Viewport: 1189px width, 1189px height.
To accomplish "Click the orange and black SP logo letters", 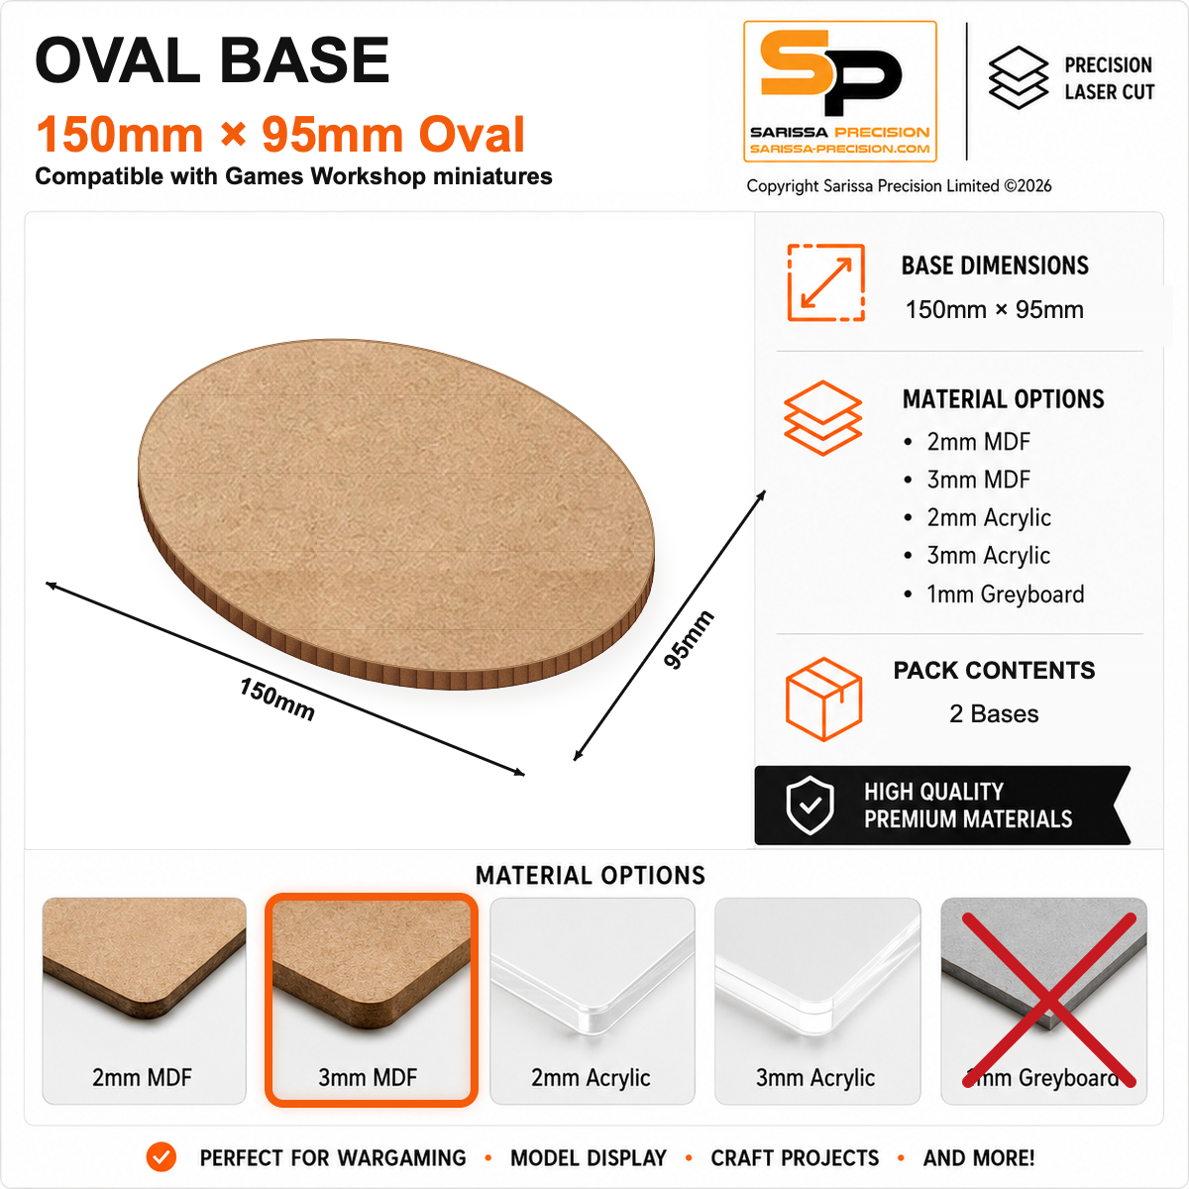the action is pyautogui.click(x=831, y=72).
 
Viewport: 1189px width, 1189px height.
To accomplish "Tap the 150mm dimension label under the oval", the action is pyautogui.click(x=277, y=700).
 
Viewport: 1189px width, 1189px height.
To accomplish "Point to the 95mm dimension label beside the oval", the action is pyautogui.click(x=689, y=639).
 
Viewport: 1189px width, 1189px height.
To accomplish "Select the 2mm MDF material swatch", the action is pyautogui.click(x=144, y=1000).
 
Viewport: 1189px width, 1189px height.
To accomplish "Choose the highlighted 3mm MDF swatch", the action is pyautogui.click(x=371, y=1000).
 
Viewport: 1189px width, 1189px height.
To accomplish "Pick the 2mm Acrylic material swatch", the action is pyautogui.click(x=593, y=1000).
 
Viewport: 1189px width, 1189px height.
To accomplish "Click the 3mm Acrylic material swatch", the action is pyautogui.click(x=816, y=1000).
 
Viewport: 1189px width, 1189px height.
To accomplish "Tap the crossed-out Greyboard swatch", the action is pyautogui.click(x=1043, y=1000).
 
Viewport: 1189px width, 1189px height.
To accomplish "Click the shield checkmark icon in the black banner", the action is pyautogui.click(x=810, y=806).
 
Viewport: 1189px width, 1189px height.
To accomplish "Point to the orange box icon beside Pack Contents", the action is pyautogui.click(x=823, y=699).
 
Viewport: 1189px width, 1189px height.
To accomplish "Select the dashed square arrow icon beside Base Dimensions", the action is pyautogui.click(x=825, y=282).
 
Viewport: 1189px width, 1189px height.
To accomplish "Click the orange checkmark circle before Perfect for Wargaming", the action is pyautogui.click(x=162, y=1157).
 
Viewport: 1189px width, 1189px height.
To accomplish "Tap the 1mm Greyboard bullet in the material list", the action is pyautogui.click(x=994, y=594).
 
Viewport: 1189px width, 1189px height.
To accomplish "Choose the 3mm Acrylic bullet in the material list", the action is pyautogui.click(x=977, y=555).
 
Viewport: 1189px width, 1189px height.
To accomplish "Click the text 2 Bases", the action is pyautogui.click(x=994, y=713).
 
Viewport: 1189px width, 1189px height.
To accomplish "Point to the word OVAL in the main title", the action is pyautogui.click(x=118, y=59).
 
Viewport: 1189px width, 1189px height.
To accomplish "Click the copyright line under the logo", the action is pyautogui.click(x=899, y=185).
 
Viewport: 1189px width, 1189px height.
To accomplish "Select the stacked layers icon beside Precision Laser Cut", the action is pyautogui.click(x=1019, y=77).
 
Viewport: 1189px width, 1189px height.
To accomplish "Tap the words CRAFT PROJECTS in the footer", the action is pyautogui.click(x=795, y=1157).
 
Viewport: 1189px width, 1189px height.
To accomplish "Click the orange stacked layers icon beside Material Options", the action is pyautogui.click(x=822, y=418).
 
